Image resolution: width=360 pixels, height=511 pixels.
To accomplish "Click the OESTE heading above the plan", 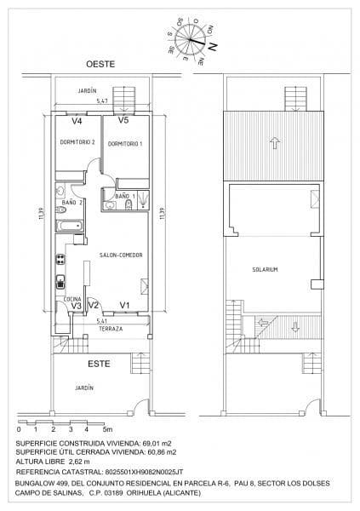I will coord(100,65).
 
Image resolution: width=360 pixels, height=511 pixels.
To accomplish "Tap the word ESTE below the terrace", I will coord(100,365).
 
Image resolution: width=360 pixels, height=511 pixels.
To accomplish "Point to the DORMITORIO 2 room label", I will coord(77,141).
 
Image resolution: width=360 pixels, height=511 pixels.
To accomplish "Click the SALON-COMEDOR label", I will coord(121,255).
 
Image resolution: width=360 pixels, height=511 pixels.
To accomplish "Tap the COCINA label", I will coord(71,299).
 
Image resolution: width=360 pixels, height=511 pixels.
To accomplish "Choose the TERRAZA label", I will coord(111,328).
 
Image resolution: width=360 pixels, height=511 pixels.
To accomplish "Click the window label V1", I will coord(124,305).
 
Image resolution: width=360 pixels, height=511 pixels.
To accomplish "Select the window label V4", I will coord(77,120).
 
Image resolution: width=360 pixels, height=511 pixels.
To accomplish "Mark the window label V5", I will coord(123,120).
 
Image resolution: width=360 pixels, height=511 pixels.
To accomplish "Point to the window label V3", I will coord(76,306).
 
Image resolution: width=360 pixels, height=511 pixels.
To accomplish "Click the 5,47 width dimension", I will coord(102,101).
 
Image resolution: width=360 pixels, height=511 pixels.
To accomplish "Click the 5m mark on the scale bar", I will coord(106,430).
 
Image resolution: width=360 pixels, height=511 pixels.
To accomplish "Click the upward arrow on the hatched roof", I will coord(274,143).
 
